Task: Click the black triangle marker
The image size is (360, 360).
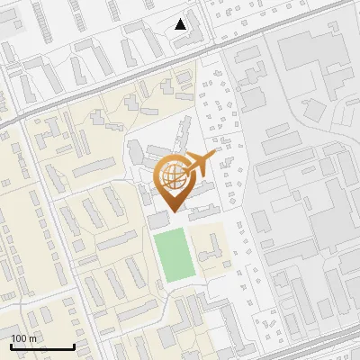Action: (181, 24)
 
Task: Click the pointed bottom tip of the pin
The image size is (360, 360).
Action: (173, 211)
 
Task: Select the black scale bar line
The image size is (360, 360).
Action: (42, 346)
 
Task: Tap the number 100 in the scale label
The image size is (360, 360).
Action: (20, 338)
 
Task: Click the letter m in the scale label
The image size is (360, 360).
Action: (32, 338)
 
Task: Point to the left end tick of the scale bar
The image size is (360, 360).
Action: (12, 345)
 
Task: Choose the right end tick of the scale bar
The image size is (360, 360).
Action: (73, 345)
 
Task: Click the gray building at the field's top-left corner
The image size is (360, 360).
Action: (157, 220)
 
